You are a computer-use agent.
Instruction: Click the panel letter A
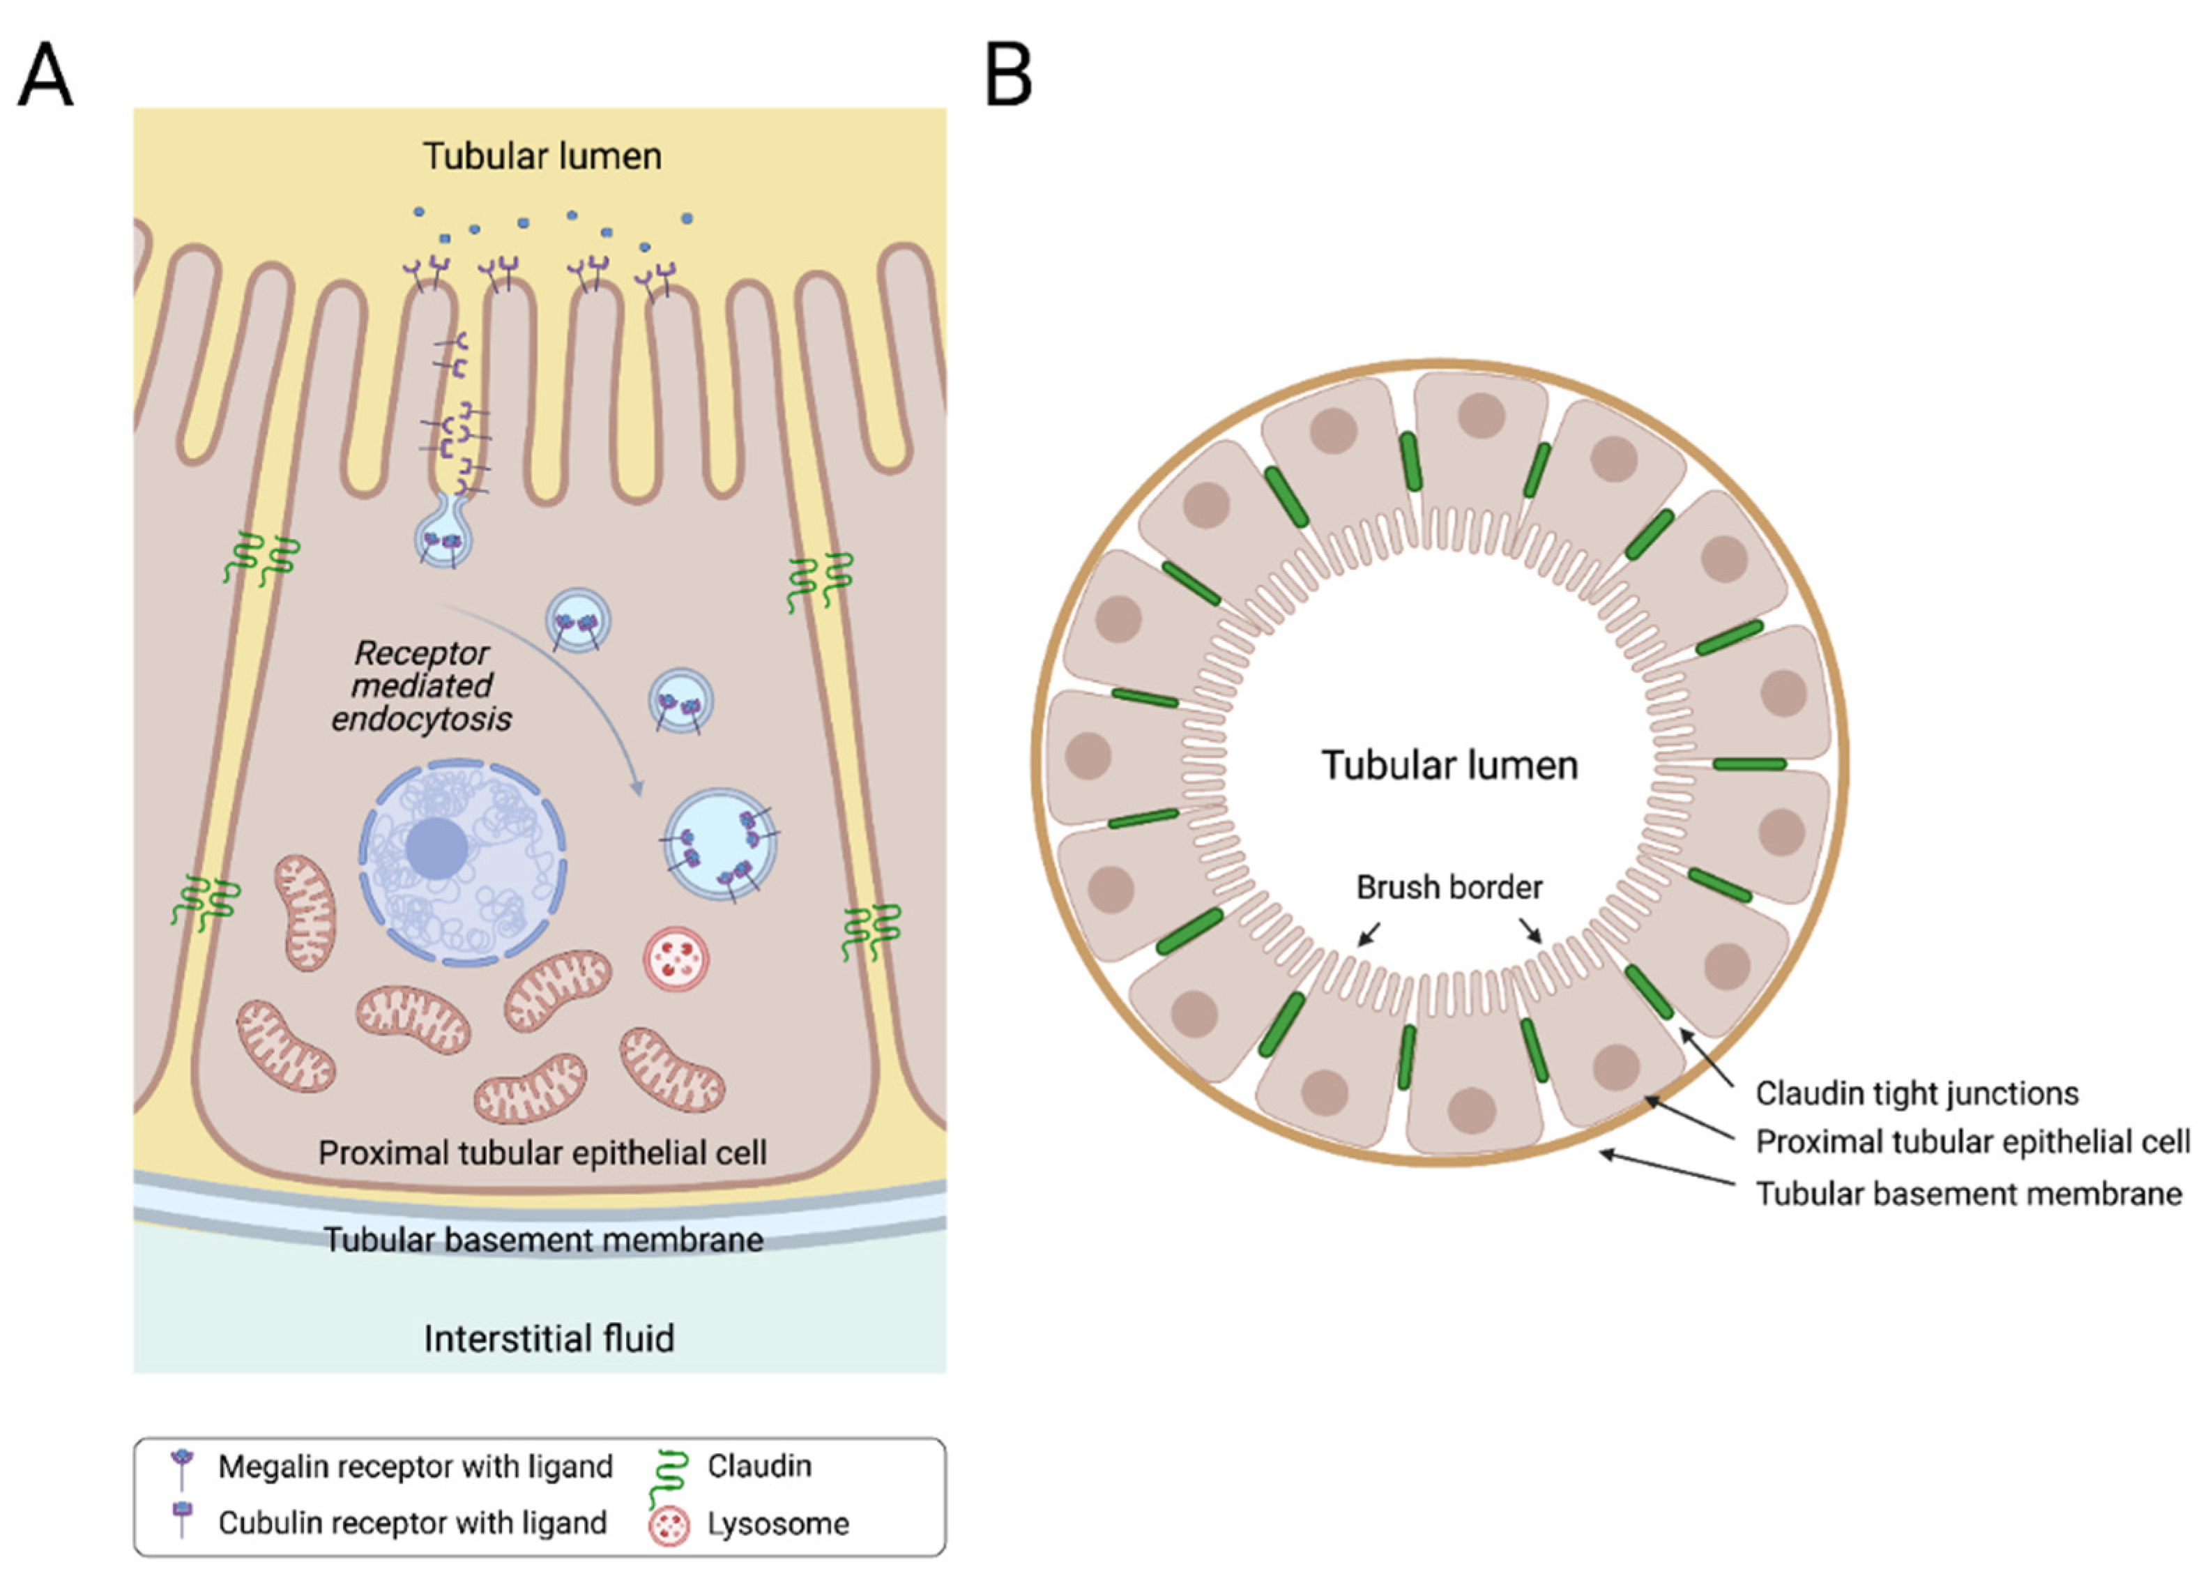[x=45, y=76]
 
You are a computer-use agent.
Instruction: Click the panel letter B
[x=1007, y=76]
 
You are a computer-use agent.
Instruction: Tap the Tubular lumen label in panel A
[x=542, y=156]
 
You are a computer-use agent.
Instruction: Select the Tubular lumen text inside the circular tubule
[x=1449, y=766]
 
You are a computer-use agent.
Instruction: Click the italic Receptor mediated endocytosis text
[x=421, y=686]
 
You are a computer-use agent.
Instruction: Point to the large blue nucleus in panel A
[x=462, y=863]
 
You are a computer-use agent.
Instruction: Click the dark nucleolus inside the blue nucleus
[x=436, y=848]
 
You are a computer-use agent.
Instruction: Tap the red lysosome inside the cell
[x=676, y=959]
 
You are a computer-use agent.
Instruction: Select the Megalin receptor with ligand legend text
[x=414, y=1466]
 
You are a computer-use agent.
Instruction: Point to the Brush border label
[x=1449, y=887]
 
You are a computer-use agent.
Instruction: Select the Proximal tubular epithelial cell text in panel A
[x=542, y=1153]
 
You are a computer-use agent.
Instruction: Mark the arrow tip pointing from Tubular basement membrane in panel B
[x=1602, y=1153]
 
